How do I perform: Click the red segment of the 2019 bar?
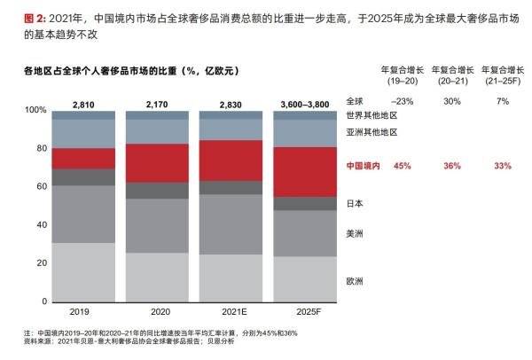coord(82,158)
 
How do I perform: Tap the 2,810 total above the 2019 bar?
coord(82,104)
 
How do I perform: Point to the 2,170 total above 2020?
coord(157,104)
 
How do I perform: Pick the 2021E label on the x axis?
coord(231,312)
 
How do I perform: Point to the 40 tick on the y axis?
coord(38,225)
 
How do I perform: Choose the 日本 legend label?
coord(355,203)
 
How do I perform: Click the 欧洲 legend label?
coord(355,281)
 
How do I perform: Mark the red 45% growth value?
coord(403,165)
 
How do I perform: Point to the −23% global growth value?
coord(403,100)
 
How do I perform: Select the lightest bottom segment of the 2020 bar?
coord(157,277)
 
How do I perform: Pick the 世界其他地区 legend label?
coord(371,115)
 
